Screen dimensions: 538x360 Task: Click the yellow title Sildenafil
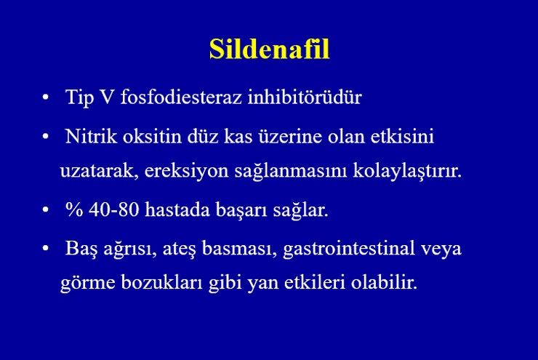click(x=269, y=49)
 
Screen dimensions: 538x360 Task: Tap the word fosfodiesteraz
click(x=181, y=97)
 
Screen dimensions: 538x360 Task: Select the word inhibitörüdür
click(x=305, y=97)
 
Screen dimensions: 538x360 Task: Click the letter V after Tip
click(x=107, y=97)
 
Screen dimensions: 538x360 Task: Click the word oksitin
click(x=152, y=136)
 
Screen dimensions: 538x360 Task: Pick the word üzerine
click(x=290, y=136)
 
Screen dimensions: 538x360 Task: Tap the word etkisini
click(x=402, y=136)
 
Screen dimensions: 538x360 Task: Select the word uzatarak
click(x=100, y=171)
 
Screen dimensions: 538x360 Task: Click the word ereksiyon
click(x=186, y=171)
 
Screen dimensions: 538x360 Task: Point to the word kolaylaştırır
click(x=407, y=171)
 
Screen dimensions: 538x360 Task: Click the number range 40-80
click(x=113, y=209)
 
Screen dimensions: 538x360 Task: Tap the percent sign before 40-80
click(x=74, y=209)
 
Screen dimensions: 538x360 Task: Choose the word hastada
click(x=177, y=209)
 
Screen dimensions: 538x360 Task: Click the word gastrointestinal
click(x=349, y=249)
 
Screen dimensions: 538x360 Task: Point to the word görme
click(x=88, y=283)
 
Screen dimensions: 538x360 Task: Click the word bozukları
click(x=161, y=282)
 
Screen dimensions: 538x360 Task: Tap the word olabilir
click(x=384, y=282)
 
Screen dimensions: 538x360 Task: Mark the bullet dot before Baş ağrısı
click(x=45, y=248)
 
